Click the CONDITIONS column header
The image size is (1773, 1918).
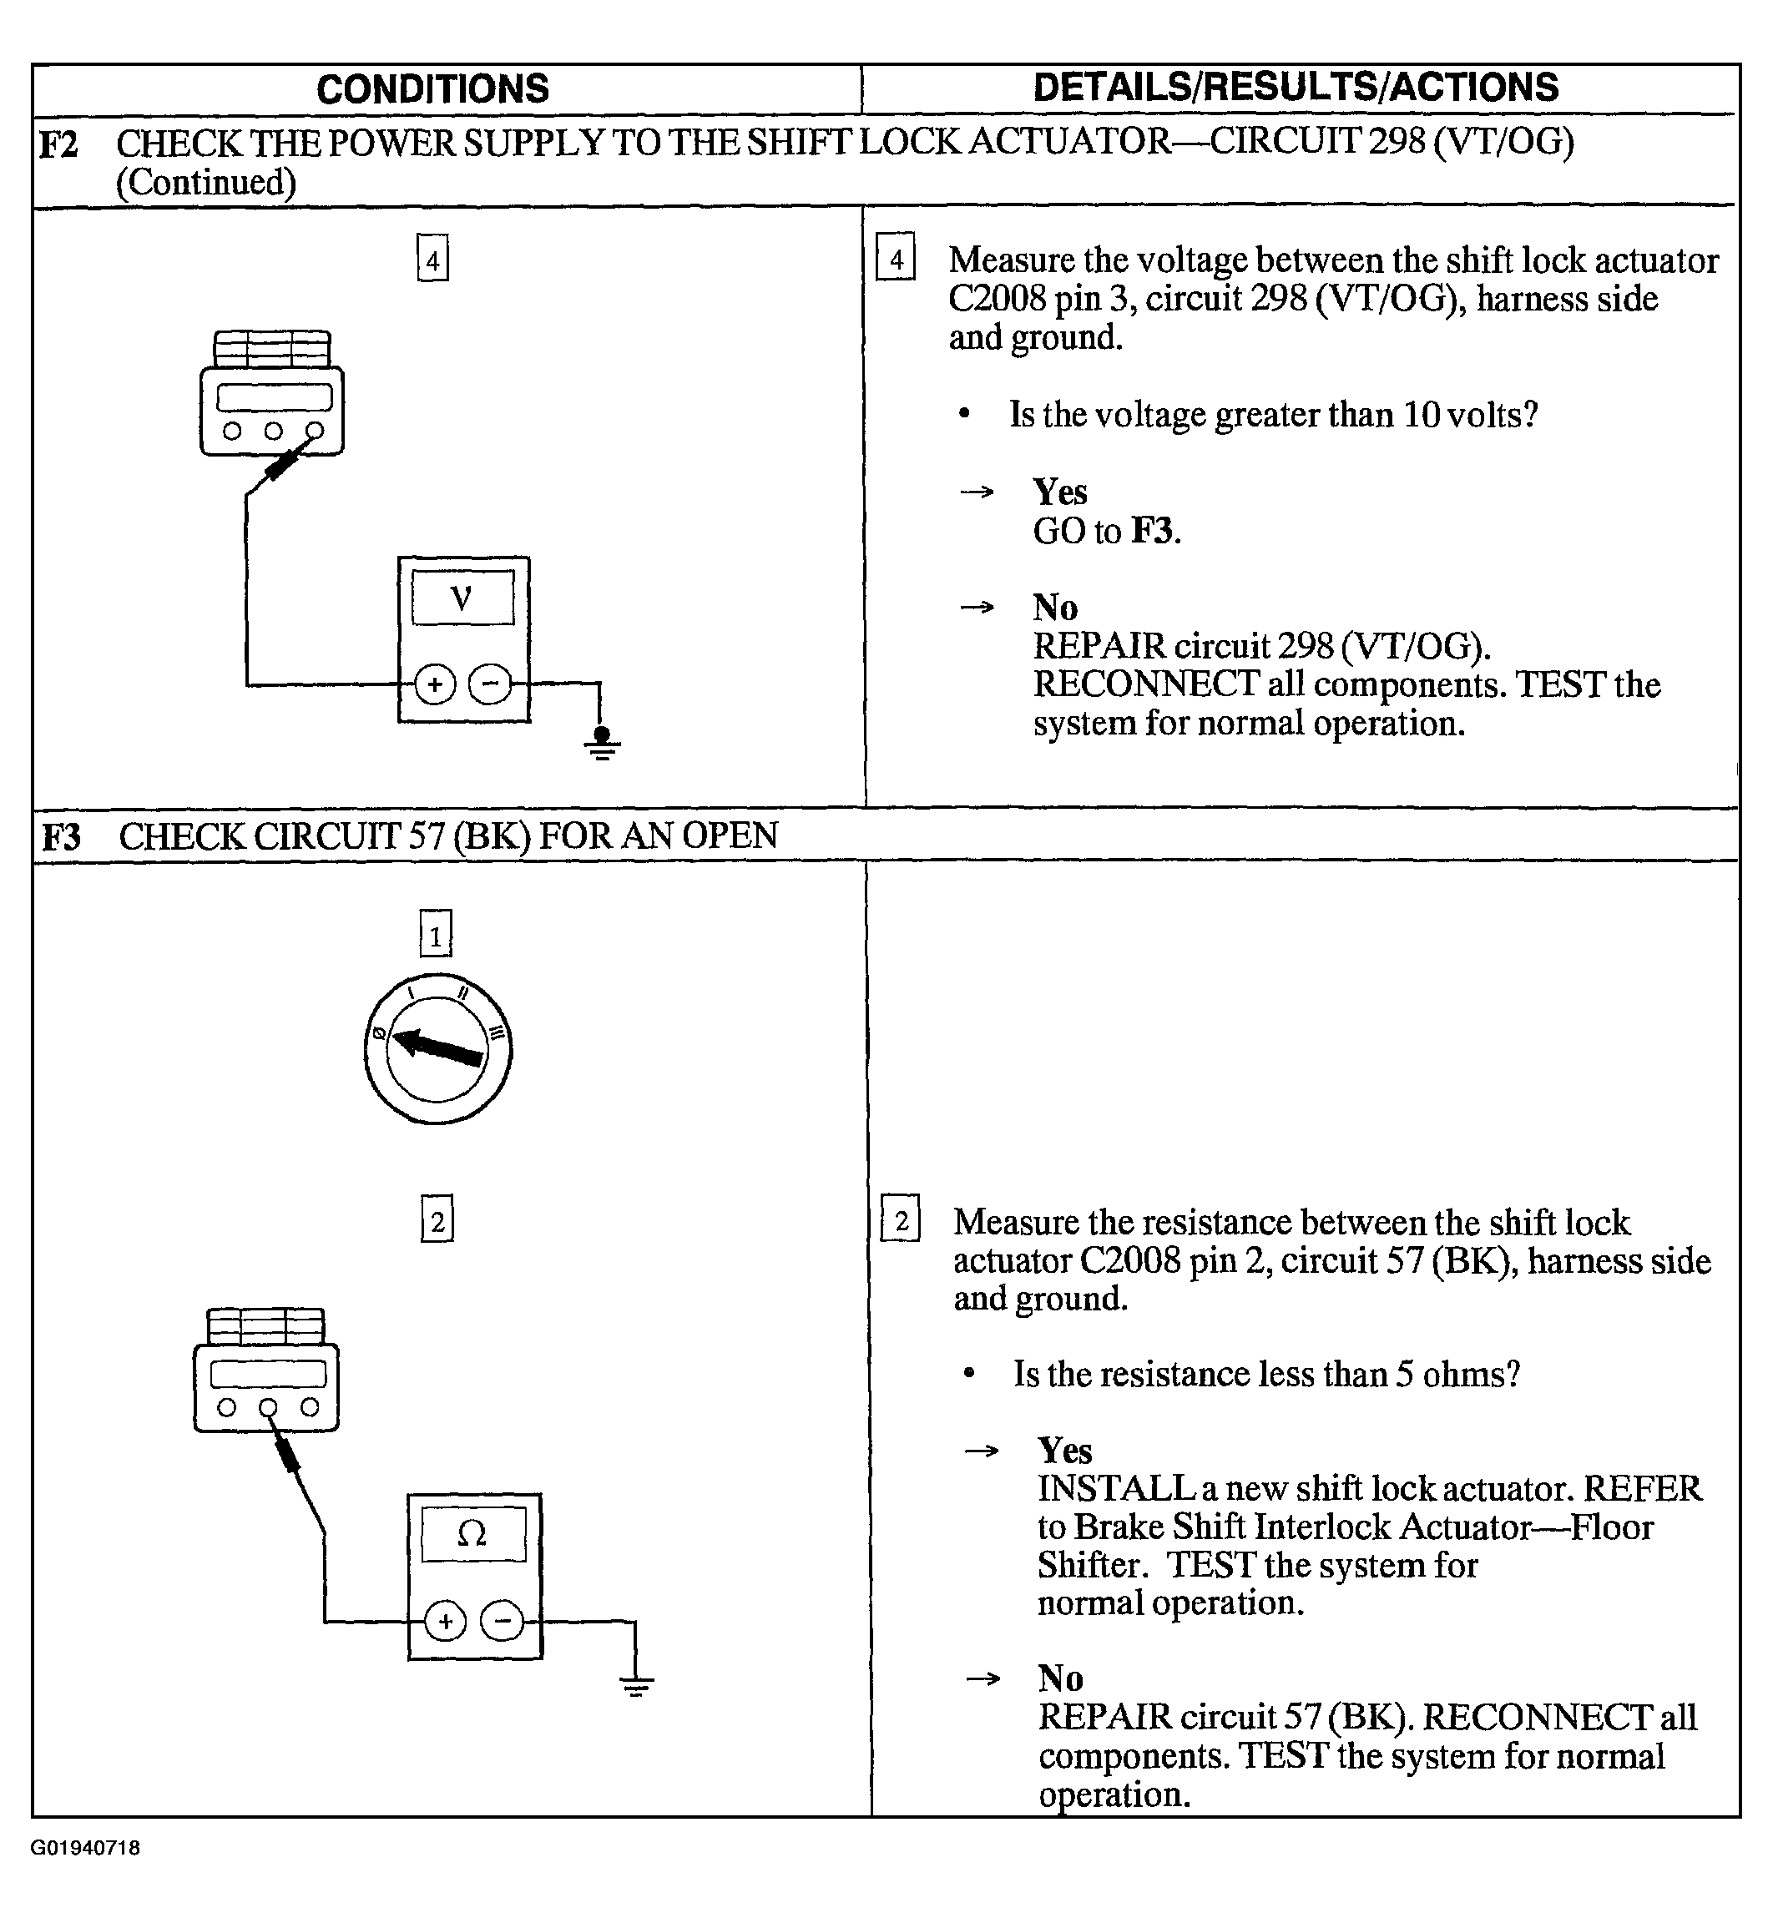tap(432, 89)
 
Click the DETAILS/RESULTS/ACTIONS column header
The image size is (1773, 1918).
tap(1296, 88)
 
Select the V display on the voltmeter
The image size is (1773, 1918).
tap(462, 598)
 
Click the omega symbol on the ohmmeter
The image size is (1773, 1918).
tap(473, 1534)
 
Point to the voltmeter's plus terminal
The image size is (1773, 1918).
tap(435, 684)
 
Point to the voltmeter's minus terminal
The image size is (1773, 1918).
tap(490, 684)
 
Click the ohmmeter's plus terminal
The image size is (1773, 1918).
tap(445, 1622)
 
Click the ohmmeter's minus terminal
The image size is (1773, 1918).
tap(502, 1622)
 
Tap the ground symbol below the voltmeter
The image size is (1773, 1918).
tap(602, 744)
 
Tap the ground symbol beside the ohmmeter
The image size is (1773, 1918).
tap(636, 1686)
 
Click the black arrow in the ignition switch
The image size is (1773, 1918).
tap(438, 1047)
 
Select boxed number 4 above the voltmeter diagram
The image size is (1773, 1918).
tap(432, 259)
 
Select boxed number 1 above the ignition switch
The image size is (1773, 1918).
tap(436, 934)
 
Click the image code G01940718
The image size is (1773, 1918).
tap(85, 1848)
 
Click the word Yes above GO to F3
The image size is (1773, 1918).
tap(1059, 492)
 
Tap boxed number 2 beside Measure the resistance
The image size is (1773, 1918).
tap(900, 1220)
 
